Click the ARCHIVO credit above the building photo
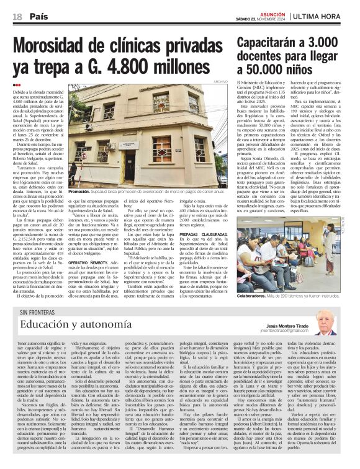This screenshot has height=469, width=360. pos(220,83)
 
